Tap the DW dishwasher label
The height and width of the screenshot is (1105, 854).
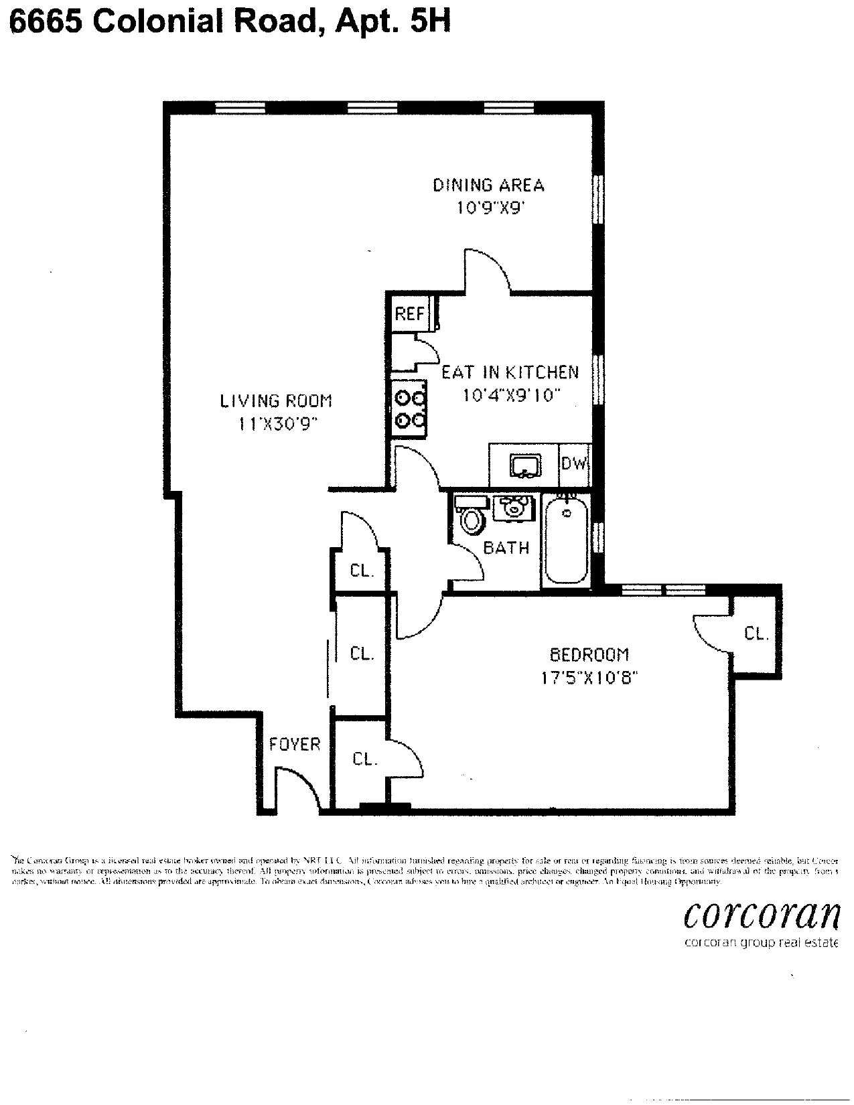pos(573,463)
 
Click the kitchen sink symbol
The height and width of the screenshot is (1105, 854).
pos(525,464)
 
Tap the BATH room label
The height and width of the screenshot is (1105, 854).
pos(506,548)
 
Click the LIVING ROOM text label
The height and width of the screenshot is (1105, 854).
pos(276,400)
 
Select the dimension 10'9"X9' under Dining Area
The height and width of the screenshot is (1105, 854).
pos(489,208)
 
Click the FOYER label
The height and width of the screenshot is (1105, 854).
pos(295,744)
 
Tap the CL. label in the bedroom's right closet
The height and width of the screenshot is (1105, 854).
pos(756,633)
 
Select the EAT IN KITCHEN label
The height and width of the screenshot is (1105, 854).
pos(510,372)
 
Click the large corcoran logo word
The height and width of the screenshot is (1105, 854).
pos(761,915)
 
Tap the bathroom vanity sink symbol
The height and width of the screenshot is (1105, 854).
pos(514,508)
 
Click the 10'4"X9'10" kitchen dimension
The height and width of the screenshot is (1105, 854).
pos(510,395)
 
